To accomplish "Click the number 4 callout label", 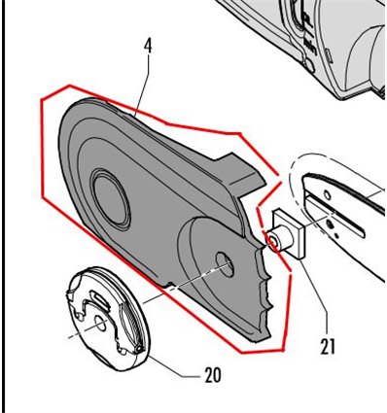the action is click(x=148, y=47).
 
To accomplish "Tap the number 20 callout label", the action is click(x=213, y=375).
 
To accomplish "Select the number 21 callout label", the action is click(x=327, y=346).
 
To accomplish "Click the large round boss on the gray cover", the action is click(x=111, y=198).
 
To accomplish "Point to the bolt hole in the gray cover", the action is click(x=225, y=264).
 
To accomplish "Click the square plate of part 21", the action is click(x=290, y=234).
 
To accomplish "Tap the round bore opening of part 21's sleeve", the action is click(x=273, y=241).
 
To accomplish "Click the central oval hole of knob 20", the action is click(x=99, y=324).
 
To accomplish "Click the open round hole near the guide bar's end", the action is click(x=328, y=195).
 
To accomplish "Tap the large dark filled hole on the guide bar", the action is click(x=331, y=224).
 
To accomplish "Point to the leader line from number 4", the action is click(x=143, y=85).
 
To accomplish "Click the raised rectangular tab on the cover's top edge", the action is click(x=239, y=172).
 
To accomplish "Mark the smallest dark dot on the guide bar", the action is click(x=337, y=234).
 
